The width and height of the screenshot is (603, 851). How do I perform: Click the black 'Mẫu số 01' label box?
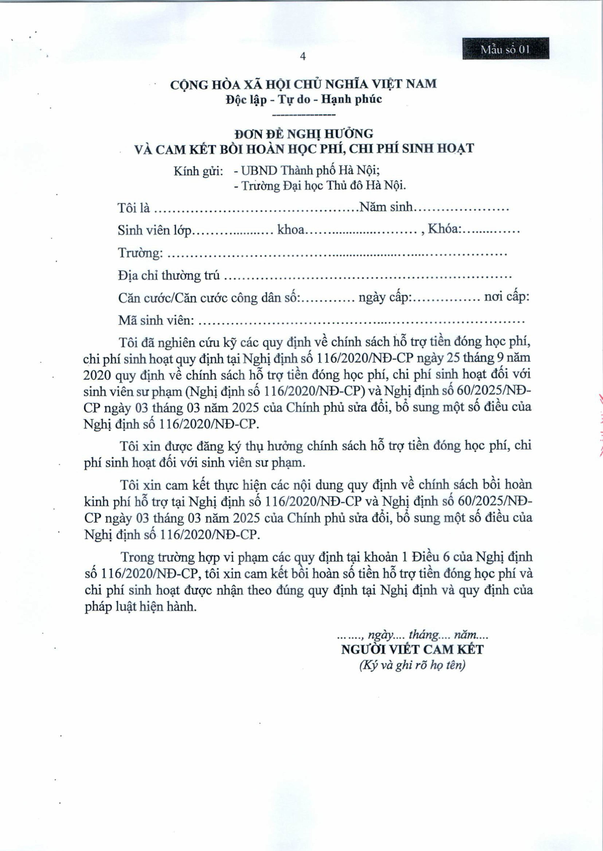[x=505, y=49]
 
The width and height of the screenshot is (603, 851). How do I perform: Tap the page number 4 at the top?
[x=303, y=56]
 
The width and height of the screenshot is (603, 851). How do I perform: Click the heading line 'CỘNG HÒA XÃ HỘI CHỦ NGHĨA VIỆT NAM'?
[x=303, y=84]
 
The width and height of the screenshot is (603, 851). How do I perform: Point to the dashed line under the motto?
[x=303, y=115]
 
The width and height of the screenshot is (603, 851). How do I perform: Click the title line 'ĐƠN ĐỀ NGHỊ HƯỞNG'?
[x=303, y=133]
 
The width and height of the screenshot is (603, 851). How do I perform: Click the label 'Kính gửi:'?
[x=198, y=172]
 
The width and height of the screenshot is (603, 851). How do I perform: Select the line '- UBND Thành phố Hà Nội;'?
[x=307, y=171]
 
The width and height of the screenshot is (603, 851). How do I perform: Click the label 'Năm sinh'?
[x=386, y=207]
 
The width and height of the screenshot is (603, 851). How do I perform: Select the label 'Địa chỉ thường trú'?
[x=169, y=276]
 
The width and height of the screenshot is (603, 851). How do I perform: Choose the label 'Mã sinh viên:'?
[x=156, y=320]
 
